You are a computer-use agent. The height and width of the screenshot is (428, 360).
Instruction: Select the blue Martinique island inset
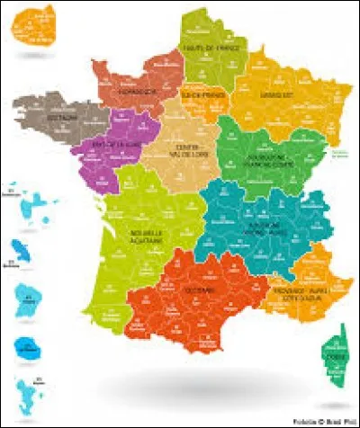[23, 247]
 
